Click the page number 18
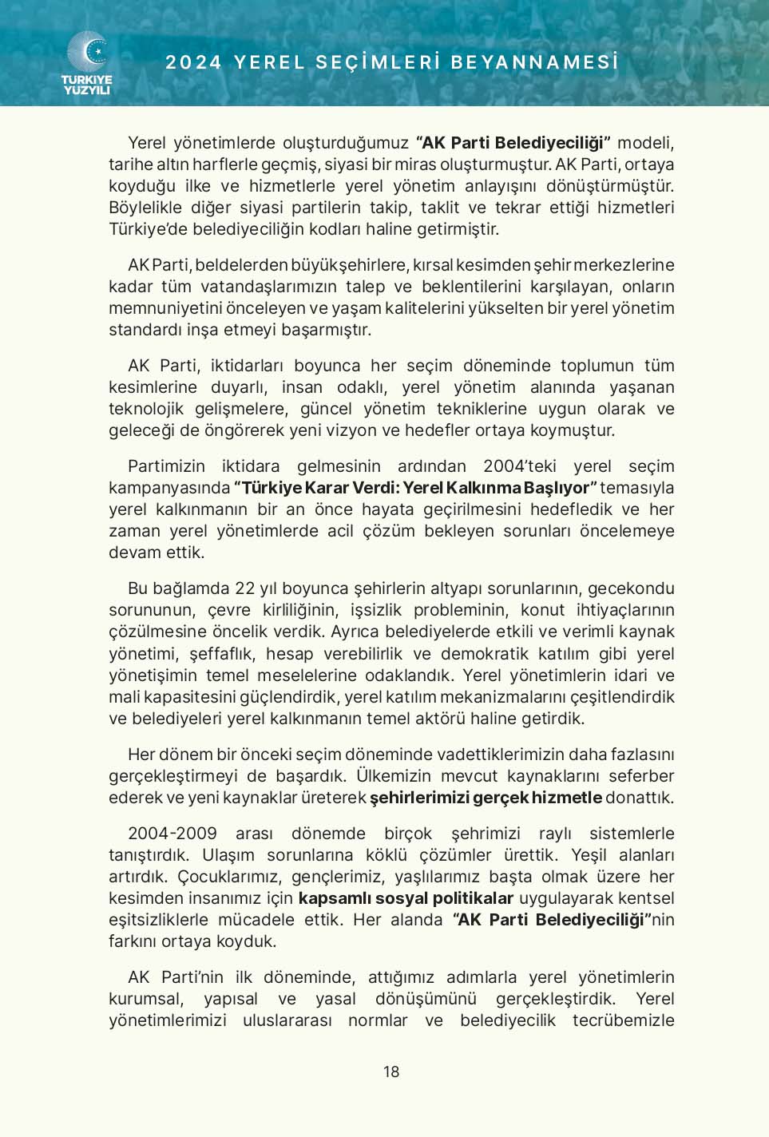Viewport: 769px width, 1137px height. pos(390,1072)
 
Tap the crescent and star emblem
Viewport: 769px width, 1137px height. pos(87,52)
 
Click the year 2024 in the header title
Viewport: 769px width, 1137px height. pos(193,62)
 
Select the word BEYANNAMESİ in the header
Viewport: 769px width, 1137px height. pos(535,62)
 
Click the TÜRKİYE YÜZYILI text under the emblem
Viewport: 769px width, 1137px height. pos(87,85)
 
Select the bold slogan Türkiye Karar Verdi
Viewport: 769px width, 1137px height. pos(319,488)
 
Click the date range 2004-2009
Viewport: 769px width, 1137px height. pos(172,834)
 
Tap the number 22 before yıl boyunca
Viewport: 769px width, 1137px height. pos(244,588)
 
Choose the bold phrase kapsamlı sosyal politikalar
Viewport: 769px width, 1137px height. pos(406,898)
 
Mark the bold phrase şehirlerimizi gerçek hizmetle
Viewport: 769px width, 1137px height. pos(486,798)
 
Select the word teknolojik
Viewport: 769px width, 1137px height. pos(146,409)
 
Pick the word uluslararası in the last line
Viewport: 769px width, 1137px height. pos(287,1020)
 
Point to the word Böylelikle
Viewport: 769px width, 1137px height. pos(145,208)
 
